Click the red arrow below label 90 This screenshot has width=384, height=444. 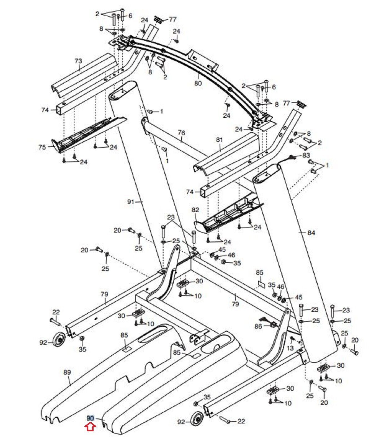(91, 426)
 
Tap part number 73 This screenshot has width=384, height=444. (79, 61)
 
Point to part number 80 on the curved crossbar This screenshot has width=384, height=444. (198, 83)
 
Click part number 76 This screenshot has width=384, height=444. (181, 133)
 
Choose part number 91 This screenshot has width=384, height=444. (131, 202)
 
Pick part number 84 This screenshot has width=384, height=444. (311, 233)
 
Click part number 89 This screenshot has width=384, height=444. (67, 372)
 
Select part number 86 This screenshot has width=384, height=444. (258, 326)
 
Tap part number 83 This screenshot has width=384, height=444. (306, 155)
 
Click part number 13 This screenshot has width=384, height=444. (290, 348)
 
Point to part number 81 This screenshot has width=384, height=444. (219, 140)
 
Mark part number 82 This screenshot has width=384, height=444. (195, 210)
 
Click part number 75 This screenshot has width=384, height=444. (42, 147)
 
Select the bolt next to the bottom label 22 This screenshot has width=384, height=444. (225, 419)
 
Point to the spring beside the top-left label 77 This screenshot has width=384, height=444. (158, 20)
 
